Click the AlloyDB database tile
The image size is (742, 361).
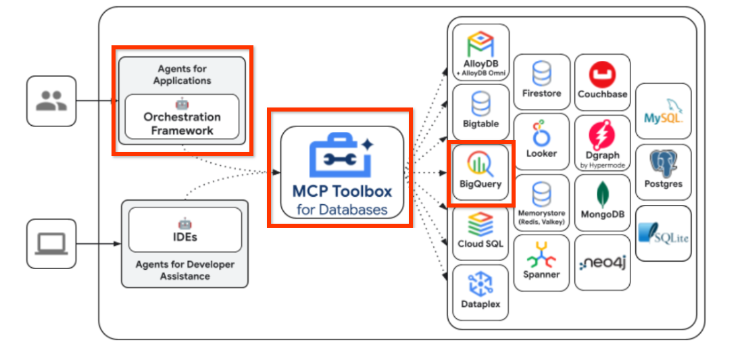(x=480, y=53)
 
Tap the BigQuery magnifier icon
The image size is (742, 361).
(x=480, y=163)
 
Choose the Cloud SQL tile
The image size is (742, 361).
(x=480, y=232)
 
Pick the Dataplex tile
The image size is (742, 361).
(x=480, y=291)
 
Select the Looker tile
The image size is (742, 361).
(x=541, y=140)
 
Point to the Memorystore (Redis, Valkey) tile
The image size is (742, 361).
(x=541, y=202)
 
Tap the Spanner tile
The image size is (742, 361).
(x=541, y=262)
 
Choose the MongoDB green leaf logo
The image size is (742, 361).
(x=602, y=194)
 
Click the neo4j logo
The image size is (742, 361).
(x=602, y=263)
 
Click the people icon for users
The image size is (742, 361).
(x=51, y=101)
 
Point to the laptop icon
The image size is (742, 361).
(x=51, y=243)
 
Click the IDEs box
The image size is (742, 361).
(x=184, y=230)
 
